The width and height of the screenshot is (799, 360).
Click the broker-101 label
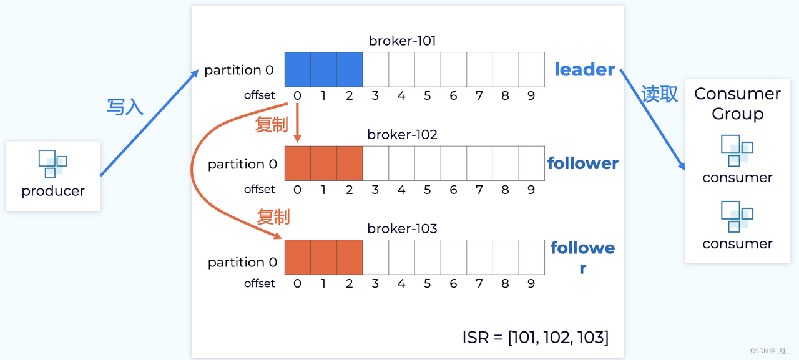pos(402,41)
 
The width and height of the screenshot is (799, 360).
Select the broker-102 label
pos(402,135)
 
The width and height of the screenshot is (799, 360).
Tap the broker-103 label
pos(402,229)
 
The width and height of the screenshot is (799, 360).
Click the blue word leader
pos(584,70)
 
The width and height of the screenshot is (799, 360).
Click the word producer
pos(53,191)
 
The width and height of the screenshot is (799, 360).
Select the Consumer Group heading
pos(737,104)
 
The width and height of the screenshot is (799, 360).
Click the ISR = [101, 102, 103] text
pos(535,338)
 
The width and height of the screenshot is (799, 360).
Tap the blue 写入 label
pos(125,107)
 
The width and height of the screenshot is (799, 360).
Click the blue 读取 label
pos(659,94)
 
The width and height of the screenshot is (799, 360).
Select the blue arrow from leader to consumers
pos(652,119)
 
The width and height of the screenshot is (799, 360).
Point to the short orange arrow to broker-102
pos(297,122)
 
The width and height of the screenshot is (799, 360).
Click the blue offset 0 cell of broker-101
pos(297,69)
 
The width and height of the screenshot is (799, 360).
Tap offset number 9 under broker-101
pos(531,95)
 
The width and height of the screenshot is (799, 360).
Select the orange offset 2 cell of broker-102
pos(349,163)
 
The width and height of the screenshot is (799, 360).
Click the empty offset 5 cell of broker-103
pos(427,257)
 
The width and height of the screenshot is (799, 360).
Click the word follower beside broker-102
pos(582,163)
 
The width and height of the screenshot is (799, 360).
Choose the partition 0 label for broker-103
pos(242,263)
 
